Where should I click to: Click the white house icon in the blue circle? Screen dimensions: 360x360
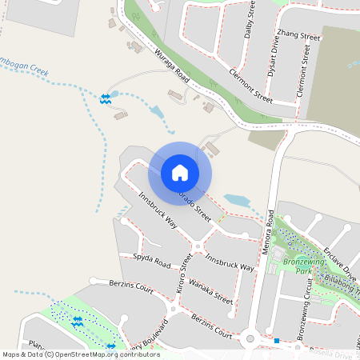coord(180,173)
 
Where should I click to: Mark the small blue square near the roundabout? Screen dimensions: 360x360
coord(276,342)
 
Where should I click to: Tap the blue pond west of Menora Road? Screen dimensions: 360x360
coord(237,200)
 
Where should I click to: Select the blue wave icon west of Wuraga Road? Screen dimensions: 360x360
coord(106,98)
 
